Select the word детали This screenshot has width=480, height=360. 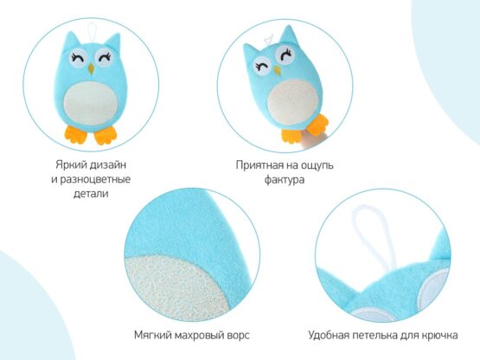point(91,194)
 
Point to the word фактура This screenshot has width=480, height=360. point(284,179)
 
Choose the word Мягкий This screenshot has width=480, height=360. point(152,333)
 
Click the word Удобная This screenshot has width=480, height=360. point(331,333)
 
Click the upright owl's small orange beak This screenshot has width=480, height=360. point(91,77)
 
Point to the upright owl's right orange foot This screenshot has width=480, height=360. point(106,134)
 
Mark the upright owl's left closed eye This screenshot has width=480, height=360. point(78,61)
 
